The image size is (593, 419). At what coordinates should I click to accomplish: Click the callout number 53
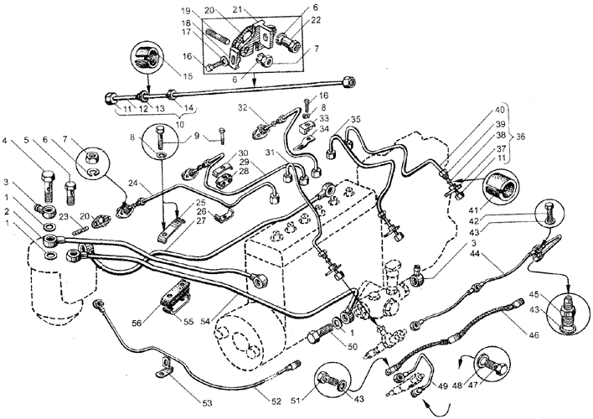click(207, 403)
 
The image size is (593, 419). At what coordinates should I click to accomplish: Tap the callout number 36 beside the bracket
click(521, 137)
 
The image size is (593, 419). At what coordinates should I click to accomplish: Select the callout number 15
click(187, 77)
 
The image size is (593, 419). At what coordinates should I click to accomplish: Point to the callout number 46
click(534, 335)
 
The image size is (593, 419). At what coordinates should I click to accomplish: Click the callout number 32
click(242, 108)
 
